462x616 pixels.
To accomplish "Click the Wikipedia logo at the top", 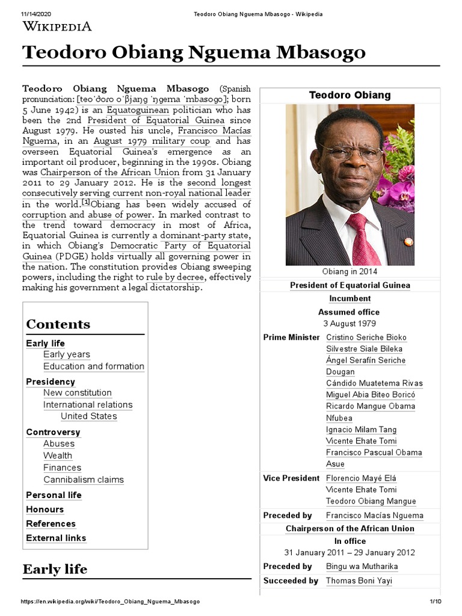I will (x=57, y=26).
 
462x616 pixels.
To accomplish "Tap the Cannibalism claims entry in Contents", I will (x=83, y=479).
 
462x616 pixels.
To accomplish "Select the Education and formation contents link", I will (x=93, y=366).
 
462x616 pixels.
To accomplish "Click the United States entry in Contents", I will (x=88, y=416).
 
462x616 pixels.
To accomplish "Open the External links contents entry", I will (x=56, y=538).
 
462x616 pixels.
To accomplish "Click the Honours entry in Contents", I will (x=45, y=509).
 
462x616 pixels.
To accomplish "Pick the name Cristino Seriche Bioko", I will (x=366, y=337).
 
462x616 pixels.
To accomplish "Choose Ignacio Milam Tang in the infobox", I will (x=361, y=430).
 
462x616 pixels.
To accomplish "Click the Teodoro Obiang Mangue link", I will (x=371, y=501).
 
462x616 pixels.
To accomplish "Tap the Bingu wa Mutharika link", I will (x=362, y=566).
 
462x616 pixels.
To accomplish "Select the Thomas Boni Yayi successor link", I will (x=364, y=581).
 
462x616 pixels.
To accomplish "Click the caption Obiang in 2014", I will (x=350, y=271).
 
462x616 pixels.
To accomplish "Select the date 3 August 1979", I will (x=349, y=323).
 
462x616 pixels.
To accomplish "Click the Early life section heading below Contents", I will (x=55, y=569).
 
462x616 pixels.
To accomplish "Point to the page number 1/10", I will (x=436, y=602).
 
